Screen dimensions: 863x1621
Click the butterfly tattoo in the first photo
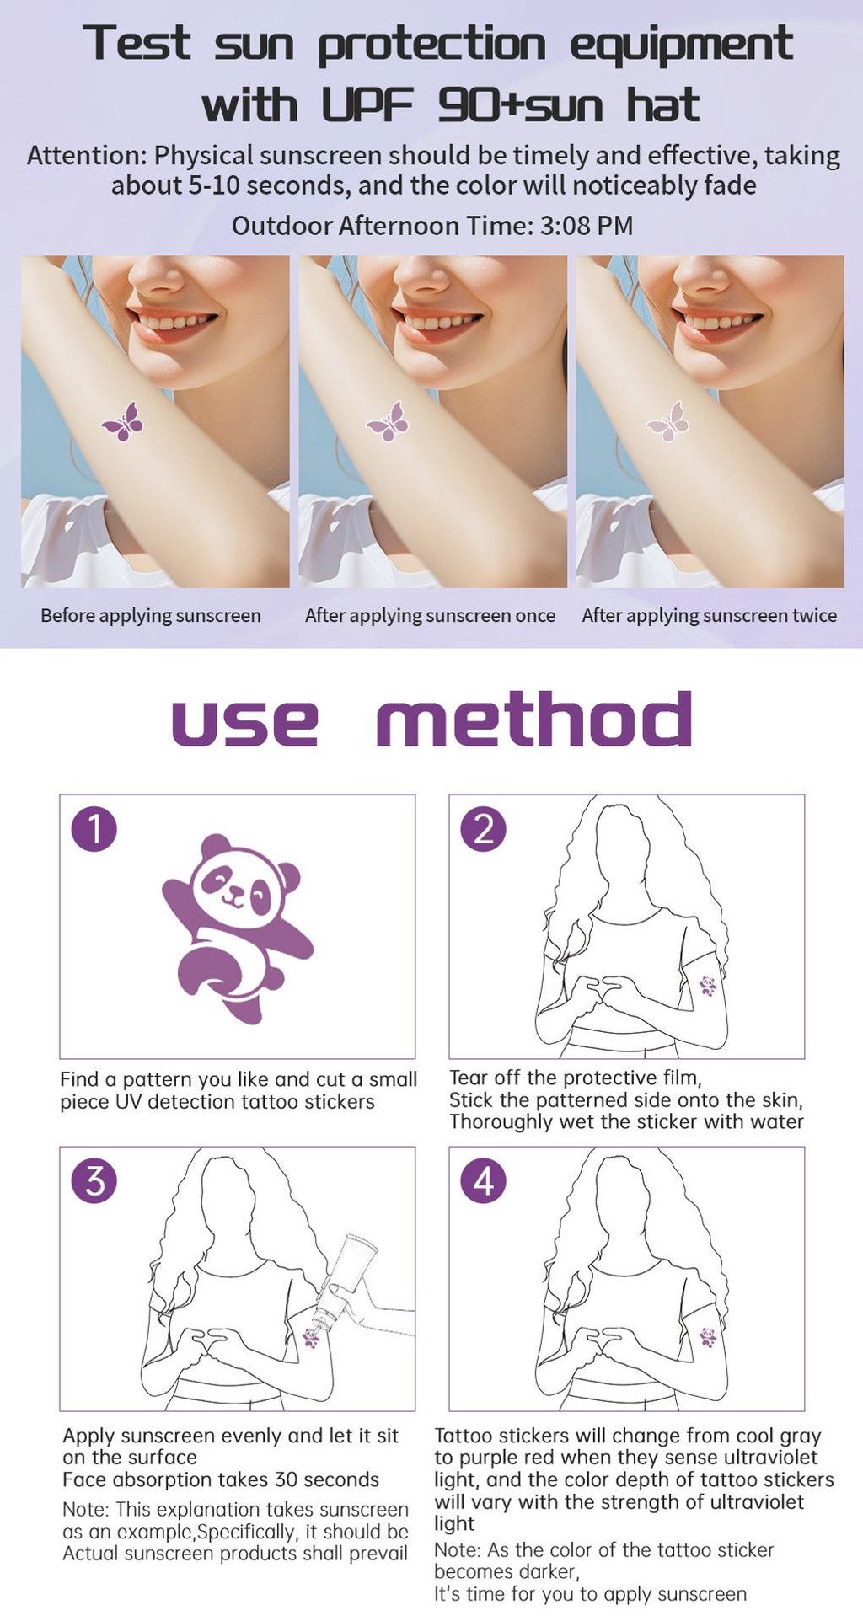tap(123, 422)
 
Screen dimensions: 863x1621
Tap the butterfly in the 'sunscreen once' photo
tap(388, 421)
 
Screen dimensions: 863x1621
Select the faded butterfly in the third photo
tap(667, 421)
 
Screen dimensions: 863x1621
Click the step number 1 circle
tap(94, 828)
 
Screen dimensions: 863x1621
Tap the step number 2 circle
tap(483, 828)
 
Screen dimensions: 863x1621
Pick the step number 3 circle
tap(94, 1180)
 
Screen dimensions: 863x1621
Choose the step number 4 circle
tap(483, 1180)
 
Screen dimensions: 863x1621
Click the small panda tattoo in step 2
tap(708, 986)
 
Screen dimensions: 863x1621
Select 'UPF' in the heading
tap(367, 105)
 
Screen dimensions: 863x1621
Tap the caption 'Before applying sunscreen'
tap(151, 616)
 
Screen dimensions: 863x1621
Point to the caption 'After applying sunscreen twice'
tap(710, 616)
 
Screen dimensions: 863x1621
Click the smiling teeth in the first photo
tap(174, 322)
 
